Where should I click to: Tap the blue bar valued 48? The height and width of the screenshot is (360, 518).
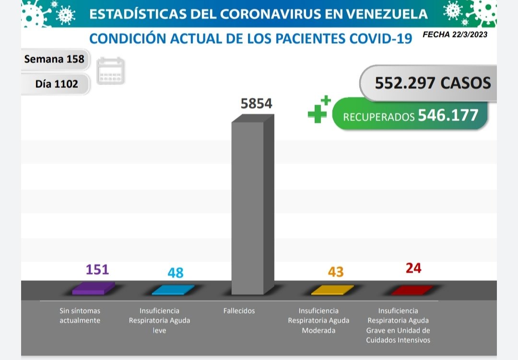point(173,290)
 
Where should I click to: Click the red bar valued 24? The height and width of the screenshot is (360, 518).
point(412,290)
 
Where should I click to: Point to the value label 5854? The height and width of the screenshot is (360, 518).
point(256,103)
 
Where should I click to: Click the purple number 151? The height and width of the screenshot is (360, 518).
point(97,269)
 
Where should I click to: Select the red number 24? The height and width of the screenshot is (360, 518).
point(413,268)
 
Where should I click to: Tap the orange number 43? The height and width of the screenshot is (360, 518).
point(336,272)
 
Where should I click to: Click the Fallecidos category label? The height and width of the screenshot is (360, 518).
point(239,311)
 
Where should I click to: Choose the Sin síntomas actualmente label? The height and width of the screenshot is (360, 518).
point(80,316)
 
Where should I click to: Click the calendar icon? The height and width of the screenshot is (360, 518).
point(110,71)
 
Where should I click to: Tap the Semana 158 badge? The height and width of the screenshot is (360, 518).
point(54,60)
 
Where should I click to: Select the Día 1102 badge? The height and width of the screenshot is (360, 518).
point(56,84)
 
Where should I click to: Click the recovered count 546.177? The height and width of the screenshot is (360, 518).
point(448,115)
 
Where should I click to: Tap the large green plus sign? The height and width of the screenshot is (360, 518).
point(317,113)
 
